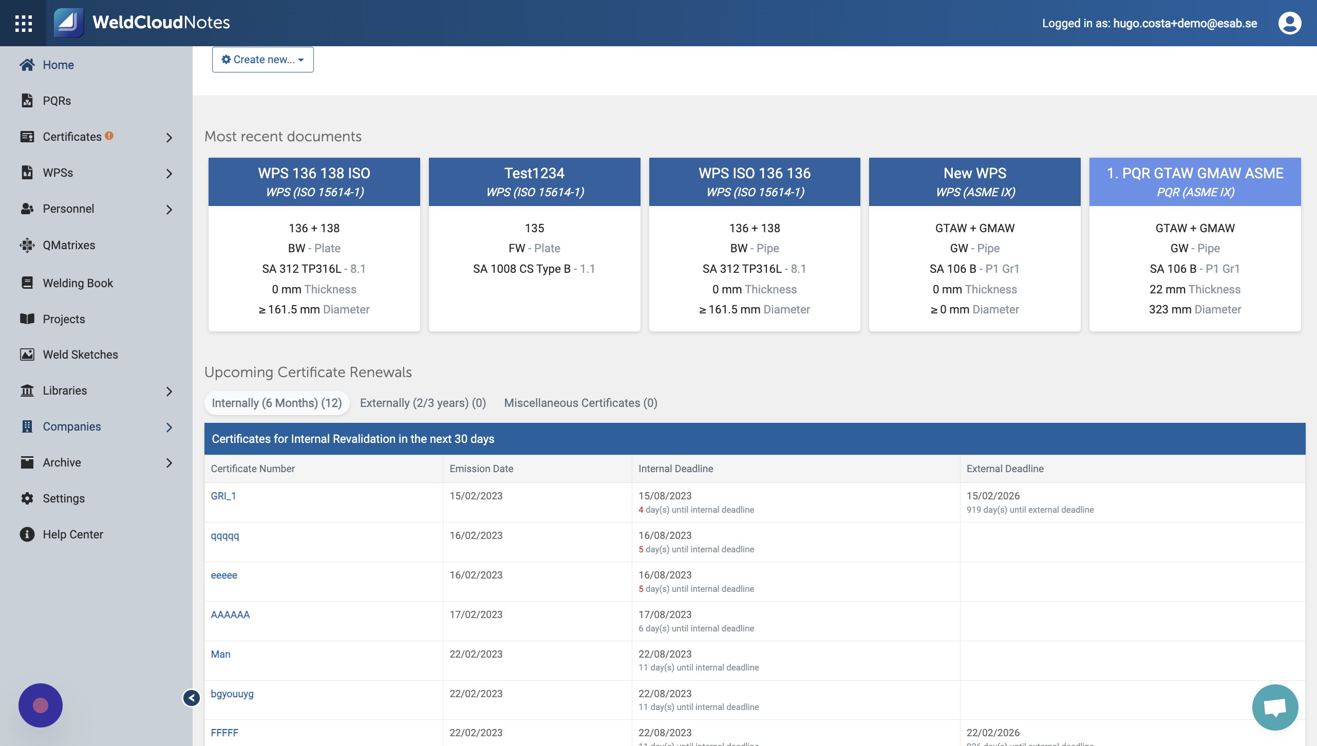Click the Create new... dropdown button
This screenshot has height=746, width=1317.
(x=262, y=60)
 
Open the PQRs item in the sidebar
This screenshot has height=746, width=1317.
(x=57, y=101)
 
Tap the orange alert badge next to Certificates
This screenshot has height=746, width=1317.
(x=109, y=136)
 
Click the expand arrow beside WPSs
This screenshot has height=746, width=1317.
(x=169, y=173)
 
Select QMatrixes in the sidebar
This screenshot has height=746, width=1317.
(x=69, y=245)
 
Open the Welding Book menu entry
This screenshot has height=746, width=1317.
(x=78, y=283)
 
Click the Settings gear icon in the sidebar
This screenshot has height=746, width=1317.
(x=27, y=498)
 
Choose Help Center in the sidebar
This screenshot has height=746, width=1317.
(x=72, y=534)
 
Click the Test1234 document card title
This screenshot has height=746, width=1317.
(x=534, y=173)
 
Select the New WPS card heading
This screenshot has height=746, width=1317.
(x=974, y=173)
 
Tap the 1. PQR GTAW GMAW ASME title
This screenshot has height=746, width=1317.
(x=1195, y=173)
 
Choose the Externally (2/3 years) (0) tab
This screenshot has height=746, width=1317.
(x=423, y=403)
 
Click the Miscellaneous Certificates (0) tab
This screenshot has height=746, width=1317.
(x=580, y=403)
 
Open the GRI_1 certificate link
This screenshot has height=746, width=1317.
(x=223, y=496)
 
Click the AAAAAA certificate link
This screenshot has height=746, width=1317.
(x=230, y=614)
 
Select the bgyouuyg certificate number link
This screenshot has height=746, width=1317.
(x=232, y=694)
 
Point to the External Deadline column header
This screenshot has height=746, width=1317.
(x=1005, y=469)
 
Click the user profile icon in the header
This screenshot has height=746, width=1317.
(x=1289, y=23)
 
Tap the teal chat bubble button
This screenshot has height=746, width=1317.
(x=1275, y=707)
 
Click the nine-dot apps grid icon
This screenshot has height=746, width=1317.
(x=24, y=23)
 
